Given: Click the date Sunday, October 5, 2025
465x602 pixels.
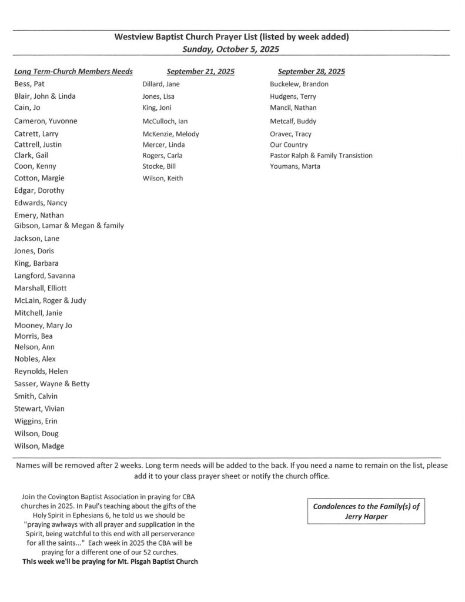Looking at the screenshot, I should coord(230,49).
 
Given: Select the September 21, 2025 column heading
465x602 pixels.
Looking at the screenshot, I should coord(200,72).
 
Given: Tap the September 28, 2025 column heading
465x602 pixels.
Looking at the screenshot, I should coord(311,72).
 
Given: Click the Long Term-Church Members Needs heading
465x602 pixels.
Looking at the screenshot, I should coord(73,72).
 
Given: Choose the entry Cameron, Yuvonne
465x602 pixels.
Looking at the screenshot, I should coord(46,121).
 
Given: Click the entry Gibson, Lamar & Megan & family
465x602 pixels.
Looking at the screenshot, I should coord(69,226).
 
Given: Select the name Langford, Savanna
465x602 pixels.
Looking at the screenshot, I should coord(45,276).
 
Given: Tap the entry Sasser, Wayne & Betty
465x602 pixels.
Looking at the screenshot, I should coord(52,384).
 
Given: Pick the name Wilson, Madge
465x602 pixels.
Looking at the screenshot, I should coord(39,446).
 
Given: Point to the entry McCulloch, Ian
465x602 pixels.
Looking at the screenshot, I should coord(165,121).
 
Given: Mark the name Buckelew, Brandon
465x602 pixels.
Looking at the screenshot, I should coord(299,84).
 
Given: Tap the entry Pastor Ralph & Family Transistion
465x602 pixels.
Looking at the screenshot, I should coord(321,156).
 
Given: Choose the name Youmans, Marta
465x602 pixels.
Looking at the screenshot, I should coord(295,167).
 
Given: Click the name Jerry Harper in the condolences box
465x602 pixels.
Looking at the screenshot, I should coord(366,517).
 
